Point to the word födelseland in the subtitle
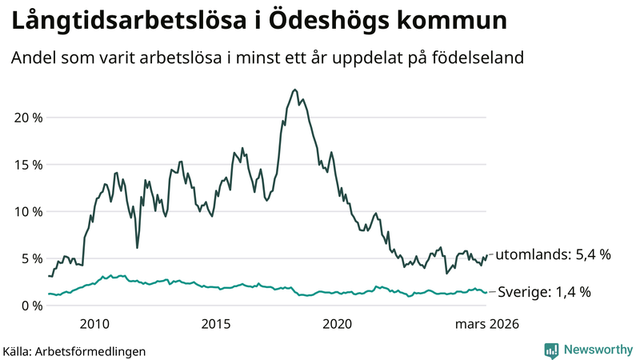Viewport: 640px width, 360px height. (486, 58)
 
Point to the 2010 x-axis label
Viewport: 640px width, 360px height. (94, 324)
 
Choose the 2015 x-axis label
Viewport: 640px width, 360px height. (216, 324)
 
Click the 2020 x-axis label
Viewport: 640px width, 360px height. (337, 324)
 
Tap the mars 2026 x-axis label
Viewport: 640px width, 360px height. (487, 324)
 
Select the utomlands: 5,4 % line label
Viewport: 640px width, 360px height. (553, 255)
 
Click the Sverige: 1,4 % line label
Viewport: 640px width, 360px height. (544, 293)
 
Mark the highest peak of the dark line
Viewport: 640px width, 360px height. (295, 90)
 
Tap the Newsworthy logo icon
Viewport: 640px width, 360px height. (551, 350)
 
